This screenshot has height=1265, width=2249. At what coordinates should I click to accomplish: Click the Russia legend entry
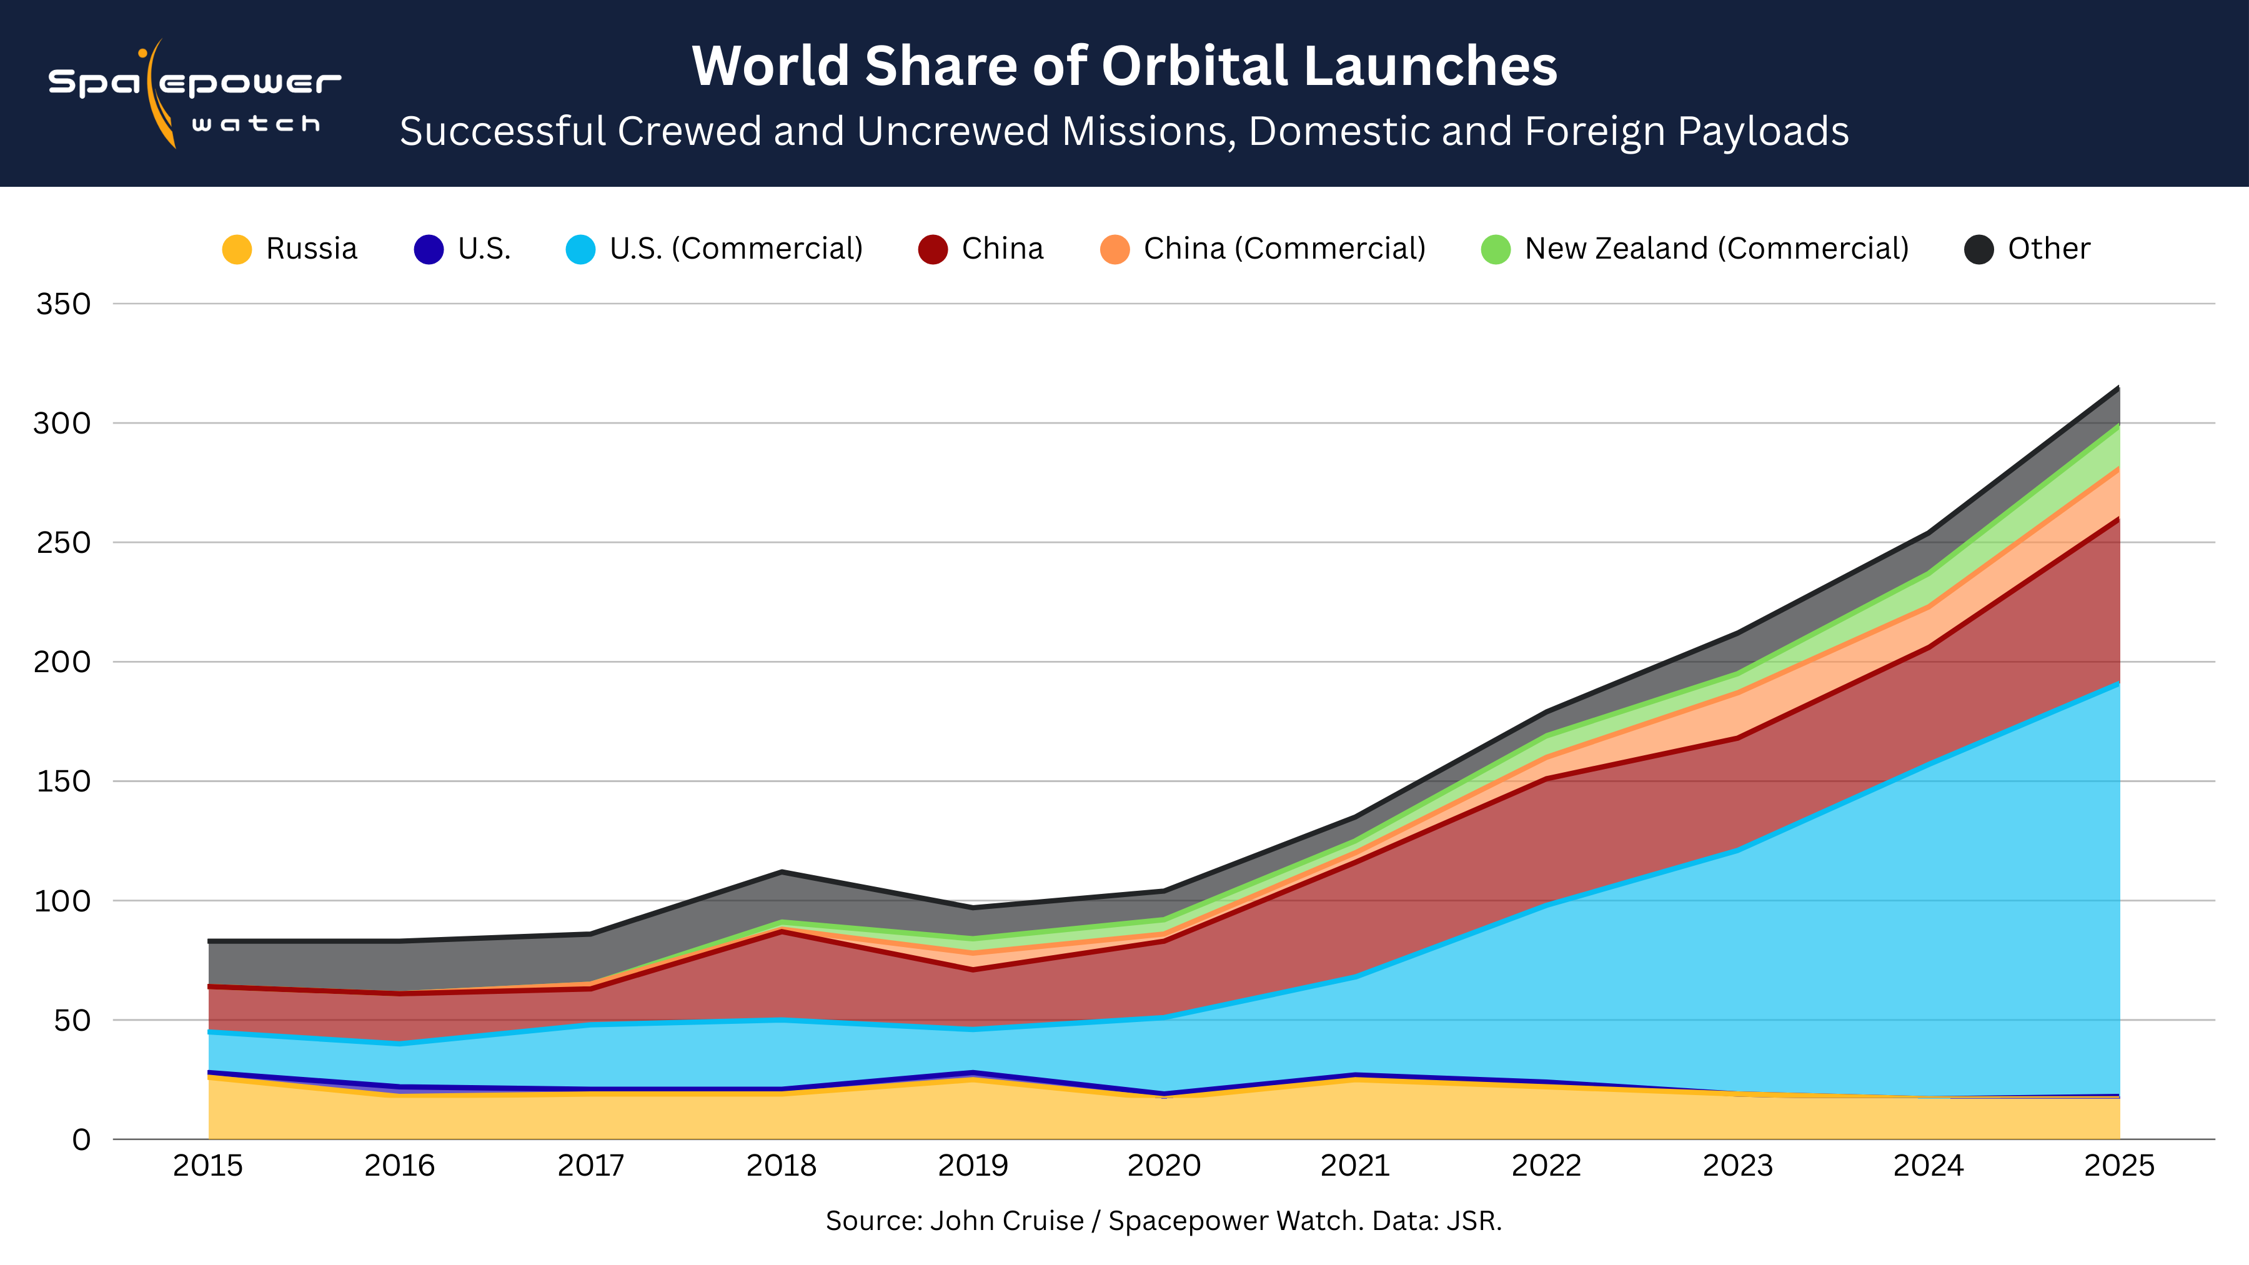point(290,249)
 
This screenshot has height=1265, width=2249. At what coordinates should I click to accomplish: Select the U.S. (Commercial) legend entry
point(714,249)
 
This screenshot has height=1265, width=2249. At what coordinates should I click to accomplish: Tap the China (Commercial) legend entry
point(1263,249)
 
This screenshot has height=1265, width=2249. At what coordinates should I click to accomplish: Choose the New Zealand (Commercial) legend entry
point(1695,249)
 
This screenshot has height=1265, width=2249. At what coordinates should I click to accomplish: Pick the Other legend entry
point(2027,249)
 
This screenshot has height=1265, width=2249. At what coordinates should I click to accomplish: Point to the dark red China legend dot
point(933,250)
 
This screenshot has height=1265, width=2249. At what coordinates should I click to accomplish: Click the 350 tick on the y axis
point(63,304)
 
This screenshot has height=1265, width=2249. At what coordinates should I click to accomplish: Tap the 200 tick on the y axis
point(63,662)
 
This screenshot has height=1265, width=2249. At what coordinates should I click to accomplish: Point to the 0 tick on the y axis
point(81,1139)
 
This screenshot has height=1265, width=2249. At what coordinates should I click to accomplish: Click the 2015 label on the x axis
point(208,1166)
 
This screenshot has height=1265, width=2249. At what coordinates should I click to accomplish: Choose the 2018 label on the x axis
point(782,1166)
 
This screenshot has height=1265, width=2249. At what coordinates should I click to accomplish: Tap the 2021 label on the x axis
point(1355,1166)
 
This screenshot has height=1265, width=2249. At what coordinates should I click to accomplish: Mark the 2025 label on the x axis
point(2120,1166)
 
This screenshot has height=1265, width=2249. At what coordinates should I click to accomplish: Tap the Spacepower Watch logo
point(194,94)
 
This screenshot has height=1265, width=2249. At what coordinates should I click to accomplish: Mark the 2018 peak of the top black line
point(782,871)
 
